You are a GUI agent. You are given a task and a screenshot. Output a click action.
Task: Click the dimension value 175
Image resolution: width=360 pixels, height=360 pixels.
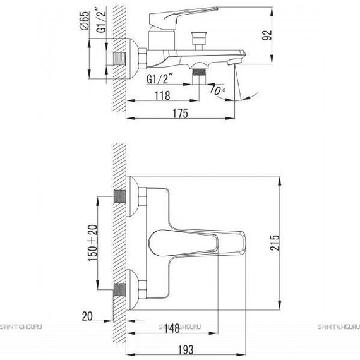180,113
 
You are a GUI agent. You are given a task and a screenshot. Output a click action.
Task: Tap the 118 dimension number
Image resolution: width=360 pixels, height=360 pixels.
162,95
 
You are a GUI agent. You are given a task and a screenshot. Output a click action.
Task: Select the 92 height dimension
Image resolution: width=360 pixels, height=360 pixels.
267,35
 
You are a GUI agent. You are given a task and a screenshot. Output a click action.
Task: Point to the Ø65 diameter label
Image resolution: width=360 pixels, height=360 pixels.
84,20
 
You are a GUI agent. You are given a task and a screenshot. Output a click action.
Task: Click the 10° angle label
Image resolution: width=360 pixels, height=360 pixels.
217,90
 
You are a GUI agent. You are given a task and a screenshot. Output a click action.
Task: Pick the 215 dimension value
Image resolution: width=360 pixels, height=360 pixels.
275,243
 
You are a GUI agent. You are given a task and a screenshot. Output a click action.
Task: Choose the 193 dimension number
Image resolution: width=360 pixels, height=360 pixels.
186,350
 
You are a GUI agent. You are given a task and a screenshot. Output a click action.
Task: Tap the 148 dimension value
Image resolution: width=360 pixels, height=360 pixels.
172,328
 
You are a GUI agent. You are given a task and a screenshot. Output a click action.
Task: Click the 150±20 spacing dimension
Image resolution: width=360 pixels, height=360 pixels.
93,243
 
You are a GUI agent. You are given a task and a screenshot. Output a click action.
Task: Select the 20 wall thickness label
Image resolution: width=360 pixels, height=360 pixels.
87,316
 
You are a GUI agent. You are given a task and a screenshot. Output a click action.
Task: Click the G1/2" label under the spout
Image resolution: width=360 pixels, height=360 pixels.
160,79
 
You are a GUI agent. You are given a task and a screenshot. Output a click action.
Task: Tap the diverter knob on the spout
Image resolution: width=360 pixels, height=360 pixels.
199,40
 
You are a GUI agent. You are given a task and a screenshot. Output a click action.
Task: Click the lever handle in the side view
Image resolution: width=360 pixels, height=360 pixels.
182,17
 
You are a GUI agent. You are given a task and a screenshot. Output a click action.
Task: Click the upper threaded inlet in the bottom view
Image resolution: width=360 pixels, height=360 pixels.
120,196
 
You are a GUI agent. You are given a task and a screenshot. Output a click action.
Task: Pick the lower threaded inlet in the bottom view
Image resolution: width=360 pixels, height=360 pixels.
120,290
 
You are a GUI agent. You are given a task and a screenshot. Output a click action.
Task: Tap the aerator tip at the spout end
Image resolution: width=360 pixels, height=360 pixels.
233,62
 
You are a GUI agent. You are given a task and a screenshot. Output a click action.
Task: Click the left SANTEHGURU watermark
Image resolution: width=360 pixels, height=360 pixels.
21,327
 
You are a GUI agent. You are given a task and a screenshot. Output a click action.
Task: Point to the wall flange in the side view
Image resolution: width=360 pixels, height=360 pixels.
132,58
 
